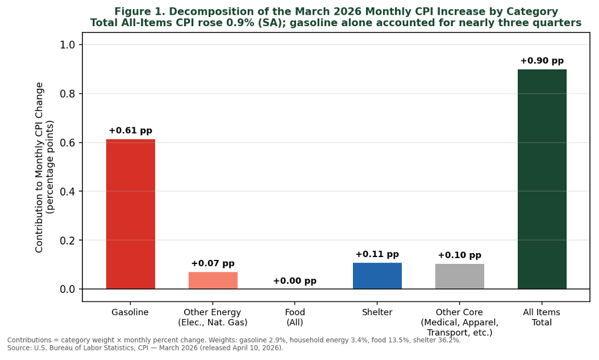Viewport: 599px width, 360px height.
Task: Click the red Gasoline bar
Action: [130, 214]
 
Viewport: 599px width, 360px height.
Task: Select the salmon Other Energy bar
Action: [213, 280]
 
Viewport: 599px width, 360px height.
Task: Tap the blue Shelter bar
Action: [377, 276]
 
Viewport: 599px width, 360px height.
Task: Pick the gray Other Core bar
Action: [459, 276]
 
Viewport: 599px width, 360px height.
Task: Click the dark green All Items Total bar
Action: [542, 179]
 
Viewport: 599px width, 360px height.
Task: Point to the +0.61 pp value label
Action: [130, 131]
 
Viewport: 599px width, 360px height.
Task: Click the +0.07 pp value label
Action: [213, 264]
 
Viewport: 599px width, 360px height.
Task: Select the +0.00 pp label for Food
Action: [294, 281]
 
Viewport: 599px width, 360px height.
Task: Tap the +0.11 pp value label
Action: [377, 255]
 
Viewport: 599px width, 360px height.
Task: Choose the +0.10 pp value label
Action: [459, 256]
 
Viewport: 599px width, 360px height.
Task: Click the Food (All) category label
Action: [294, 317]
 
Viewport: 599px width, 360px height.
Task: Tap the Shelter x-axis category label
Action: [377, 312]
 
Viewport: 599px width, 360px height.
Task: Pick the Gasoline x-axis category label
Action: [130, 312]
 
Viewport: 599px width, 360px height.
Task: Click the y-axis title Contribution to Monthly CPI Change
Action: [40, 167]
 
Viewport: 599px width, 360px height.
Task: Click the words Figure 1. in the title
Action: [139, 12]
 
